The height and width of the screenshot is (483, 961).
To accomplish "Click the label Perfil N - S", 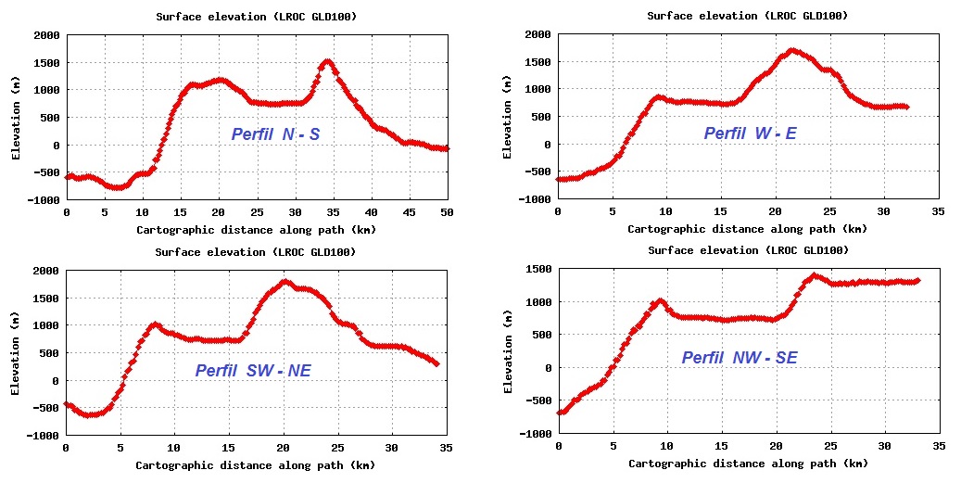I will [x=276, y=135].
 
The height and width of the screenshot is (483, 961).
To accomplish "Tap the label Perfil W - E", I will [x=750, y=134].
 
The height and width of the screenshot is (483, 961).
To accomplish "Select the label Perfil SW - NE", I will [x=253, y=371].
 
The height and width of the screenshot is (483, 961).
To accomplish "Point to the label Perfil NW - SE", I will [x=740, y=358].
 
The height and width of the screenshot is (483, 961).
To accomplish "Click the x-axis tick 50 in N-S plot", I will [x=448, y=212].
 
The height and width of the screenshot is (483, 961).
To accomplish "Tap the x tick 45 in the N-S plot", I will [x=410, y=212].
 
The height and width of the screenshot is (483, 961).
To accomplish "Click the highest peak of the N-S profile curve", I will [x=327, y=62].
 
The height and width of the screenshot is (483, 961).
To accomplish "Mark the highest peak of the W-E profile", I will [x=792, y=50].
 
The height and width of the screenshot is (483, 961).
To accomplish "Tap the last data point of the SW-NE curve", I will [x=436, y=363].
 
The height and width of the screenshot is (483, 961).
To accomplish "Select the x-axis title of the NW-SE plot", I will [x=748, y=464].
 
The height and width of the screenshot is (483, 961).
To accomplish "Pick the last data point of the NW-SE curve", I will [x=917, y=281].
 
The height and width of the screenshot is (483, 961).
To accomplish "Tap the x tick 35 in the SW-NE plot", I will [x=447, y=448].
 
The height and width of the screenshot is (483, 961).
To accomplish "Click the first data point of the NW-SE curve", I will [x=559, y=413].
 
